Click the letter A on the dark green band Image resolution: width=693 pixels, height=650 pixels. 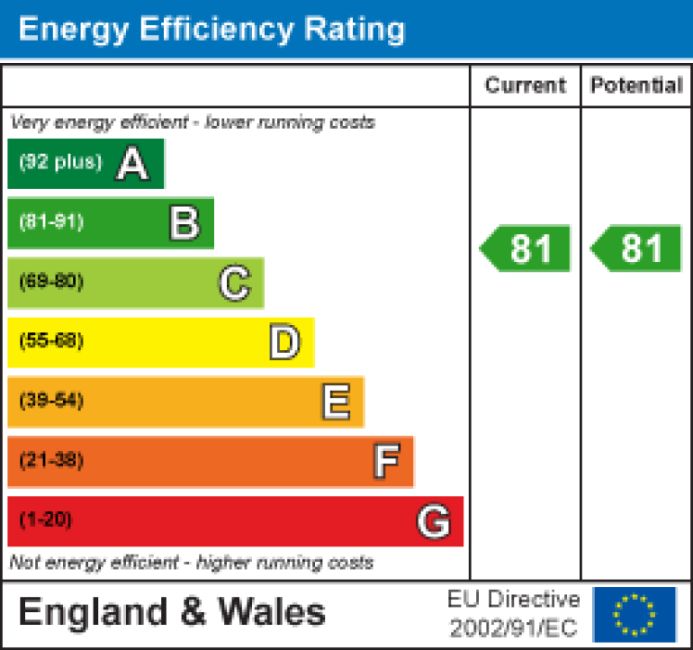[x=132, y=164]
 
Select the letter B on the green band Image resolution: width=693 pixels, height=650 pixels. [x=184, y=223]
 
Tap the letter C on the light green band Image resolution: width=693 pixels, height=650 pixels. [x=234, y=283]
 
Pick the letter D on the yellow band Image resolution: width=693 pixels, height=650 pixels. [x=284, y=342]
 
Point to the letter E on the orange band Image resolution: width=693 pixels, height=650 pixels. [x=336, y=402]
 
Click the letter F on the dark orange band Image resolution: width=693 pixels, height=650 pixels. [x=386, y=461]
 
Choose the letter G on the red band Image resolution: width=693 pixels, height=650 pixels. [x=434, y=521]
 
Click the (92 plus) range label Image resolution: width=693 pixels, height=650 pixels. [x=60, y=163]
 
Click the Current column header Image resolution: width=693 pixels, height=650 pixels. [x=526, y=86]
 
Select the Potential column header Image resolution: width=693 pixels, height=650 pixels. [x=636, y=86]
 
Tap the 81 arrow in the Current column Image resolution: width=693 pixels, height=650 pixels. [x=526, y=248]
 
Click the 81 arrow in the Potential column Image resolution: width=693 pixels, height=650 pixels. [x=636, y=248]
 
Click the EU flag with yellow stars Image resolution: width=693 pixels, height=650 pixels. [x=634, y=613]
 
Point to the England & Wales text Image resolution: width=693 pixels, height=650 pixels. [x=172, y=613]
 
